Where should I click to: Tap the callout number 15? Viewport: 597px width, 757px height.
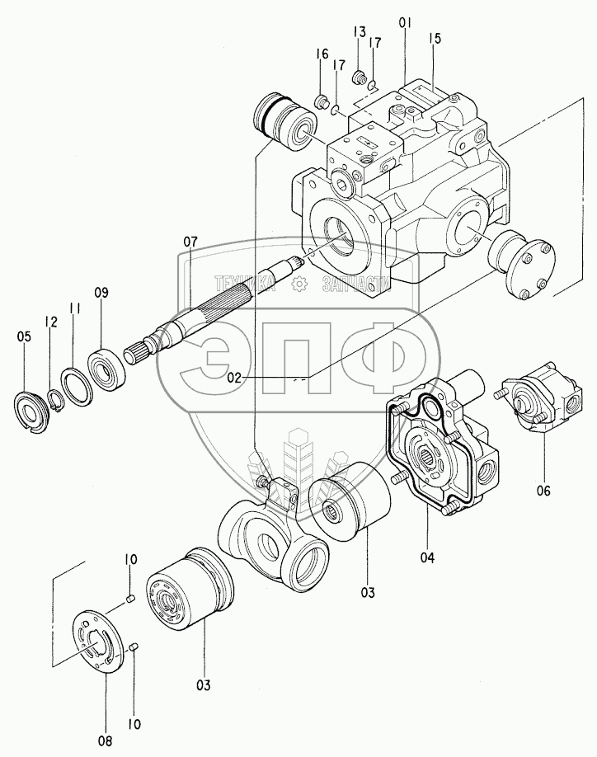435,38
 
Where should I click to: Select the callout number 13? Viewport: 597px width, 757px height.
360,32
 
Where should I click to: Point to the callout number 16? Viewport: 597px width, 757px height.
322,54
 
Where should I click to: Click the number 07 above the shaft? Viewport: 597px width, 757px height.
190,242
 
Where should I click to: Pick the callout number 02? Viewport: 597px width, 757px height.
234,378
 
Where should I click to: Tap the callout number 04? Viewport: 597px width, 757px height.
426,558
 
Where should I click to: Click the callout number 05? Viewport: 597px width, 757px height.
24,336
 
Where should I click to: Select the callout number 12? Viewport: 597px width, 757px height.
51,322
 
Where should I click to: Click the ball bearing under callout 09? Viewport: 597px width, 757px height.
108,361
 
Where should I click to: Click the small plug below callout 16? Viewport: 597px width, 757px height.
322,102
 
